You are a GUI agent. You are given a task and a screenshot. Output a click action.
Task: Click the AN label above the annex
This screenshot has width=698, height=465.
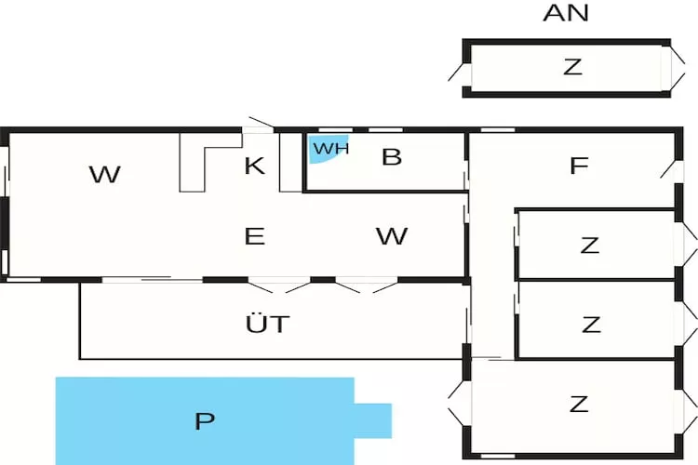pyautogui.click(x=566, y=13)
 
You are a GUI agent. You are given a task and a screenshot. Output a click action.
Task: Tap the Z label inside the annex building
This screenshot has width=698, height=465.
pyautogui.click(x=572, y=67)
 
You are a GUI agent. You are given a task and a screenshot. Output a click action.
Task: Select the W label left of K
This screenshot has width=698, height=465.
pyautogui.click(x=105, y=174)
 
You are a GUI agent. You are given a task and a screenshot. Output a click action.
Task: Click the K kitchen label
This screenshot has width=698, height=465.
pyautogui.click(x=254, y=166)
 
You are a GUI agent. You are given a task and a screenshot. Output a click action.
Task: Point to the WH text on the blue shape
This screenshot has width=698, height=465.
pyautogui.click(x=329, y=149)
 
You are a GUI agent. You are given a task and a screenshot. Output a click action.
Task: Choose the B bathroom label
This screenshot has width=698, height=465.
pyautogui.click(x=392, y=157)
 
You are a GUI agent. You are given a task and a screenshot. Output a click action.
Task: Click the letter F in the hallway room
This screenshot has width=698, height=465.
pyautogui.click(x=579, y=166)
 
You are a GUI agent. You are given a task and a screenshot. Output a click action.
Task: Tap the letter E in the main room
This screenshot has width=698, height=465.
pyautogui.click(x=254, y=236)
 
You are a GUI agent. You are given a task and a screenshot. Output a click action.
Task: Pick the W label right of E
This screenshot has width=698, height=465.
pyautogui.click(x=392, y=236)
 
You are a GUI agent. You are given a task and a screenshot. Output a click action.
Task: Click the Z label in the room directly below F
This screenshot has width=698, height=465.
pyautogui.click(x=589, y=246)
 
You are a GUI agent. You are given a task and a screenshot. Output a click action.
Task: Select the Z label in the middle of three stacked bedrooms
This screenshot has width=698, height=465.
pyautogui.click(x=591, y=325)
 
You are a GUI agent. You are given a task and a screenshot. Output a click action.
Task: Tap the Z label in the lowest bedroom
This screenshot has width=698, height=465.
pyautogui.click(x=579, y=404)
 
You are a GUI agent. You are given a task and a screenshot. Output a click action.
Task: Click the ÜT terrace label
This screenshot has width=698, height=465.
pyautogui.click(x=268, y=325)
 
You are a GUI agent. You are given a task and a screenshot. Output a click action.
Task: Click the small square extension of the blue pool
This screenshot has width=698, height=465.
pyautogui.click(x=373, y=420)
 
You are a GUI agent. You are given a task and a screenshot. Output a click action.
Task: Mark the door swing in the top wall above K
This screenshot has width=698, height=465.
pyautogui.click(x=260, y=125)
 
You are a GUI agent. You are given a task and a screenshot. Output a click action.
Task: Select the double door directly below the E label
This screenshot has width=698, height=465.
pyautogui.click(x=271, y=284)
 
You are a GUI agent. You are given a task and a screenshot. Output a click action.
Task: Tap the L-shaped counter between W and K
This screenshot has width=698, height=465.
pyautogui.click(x=194, y=164)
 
